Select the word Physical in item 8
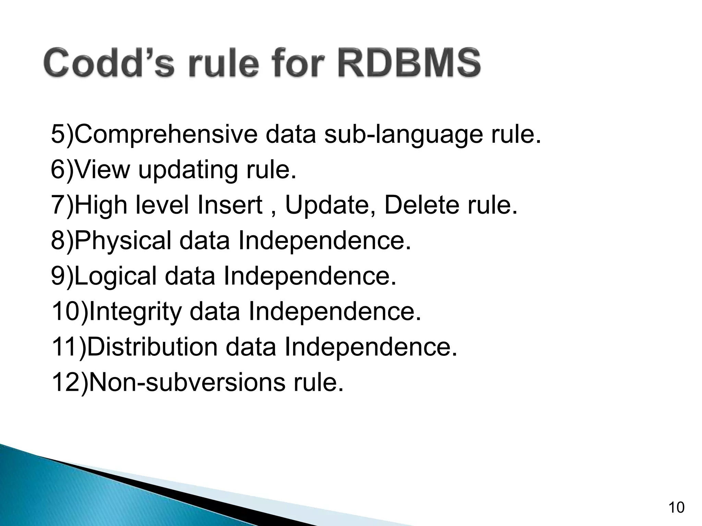(x=123, y=241)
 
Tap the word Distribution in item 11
(x=153, y=347)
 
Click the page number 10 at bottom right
(x=676, y=508)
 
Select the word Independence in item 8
(x=324, y=240)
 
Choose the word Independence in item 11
(x=371, y=347)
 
